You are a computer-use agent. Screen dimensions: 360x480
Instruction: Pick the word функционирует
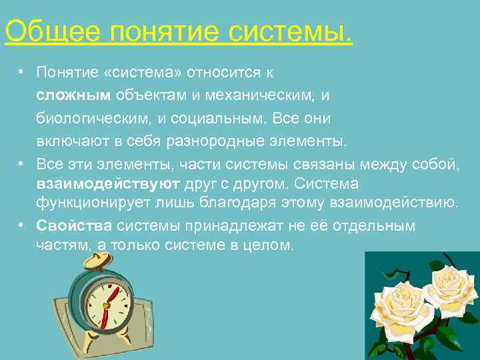[x=86, y=202]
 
